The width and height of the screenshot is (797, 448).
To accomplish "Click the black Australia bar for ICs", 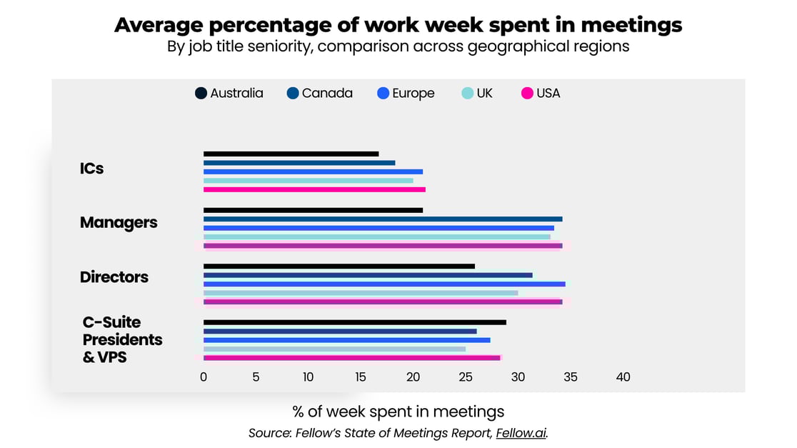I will tap(291, 154).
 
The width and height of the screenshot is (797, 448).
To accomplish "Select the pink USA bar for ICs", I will tap(314, 189).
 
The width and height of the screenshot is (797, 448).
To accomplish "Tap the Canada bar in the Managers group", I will tap(383, 219).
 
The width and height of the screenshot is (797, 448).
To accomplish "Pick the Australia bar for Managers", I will tap(313, 210).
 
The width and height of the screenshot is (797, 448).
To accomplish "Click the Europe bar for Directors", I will tap(384, 284).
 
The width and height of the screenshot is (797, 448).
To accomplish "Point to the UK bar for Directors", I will tap(361, 293).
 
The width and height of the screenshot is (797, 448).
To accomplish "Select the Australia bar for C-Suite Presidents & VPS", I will tap(354, 322).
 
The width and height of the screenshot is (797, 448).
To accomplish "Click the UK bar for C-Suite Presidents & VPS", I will tap(334, 349).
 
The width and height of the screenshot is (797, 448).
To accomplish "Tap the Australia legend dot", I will tap(201, 94).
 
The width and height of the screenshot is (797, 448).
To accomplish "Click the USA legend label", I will tap(548, 94).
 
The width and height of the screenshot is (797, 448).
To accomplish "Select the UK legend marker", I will tap(467, 94).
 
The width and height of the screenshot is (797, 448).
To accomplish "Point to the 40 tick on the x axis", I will tap(623, 377).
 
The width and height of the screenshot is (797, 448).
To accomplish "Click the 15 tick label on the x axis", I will tap(361, 377).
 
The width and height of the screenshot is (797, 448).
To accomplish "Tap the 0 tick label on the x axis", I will tap(204, 377).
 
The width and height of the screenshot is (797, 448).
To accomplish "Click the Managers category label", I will tap(119, 222).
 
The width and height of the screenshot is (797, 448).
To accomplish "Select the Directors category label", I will tap(114, 277).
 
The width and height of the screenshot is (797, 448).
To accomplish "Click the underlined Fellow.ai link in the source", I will tap(521, 433).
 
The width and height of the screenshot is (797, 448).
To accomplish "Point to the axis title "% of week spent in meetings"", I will tap(398, 412).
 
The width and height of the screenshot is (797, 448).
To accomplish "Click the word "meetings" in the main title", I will tap(631, 25).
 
